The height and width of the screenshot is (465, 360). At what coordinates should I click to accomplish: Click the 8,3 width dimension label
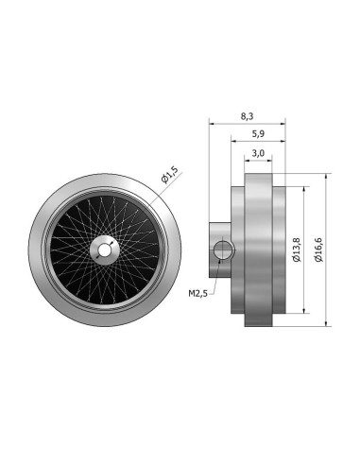coord(247,116)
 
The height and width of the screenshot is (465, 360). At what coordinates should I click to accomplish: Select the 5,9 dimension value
coord(258,134)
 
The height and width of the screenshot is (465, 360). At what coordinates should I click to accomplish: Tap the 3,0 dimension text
coord(258,153)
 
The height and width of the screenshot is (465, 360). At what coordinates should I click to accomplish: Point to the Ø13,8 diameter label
coord(297,250)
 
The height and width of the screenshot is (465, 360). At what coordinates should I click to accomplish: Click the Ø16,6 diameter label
coord(318,250)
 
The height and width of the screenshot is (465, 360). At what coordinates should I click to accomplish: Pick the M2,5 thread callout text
coord(197,294)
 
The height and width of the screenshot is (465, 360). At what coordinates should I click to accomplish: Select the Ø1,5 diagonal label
coord(169,175)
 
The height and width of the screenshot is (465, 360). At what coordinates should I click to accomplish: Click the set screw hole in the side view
coord(223,250)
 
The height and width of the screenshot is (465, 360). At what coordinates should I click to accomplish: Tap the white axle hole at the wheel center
coord(103,250)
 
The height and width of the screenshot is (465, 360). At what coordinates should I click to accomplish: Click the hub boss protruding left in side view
coord(220,250)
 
